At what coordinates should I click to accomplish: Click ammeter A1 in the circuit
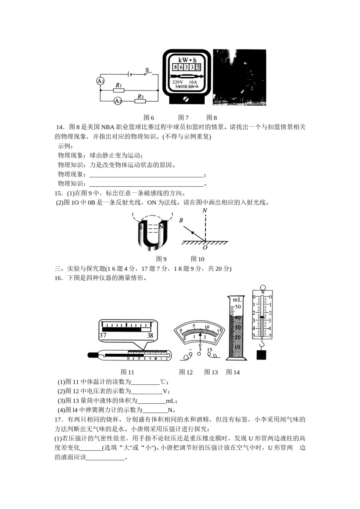coord(100,81)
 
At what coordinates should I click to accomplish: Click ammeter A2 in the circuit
coord(118,101)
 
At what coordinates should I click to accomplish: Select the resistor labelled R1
coord(119,91)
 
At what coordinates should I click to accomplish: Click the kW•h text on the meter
coord(187,60)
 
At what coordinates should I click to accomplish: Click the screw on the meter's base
coord(186,99)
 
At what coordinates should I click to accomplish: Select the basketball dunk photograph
coord(239,77)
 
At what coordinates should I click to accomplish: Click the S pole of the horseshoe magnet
coord(141,227)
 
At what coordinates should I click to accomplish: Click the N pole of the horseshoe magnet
coord(161,227)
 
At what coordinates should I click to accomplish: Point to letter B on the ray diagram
coord(181,220)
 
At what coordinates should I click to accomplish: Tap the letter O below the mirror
coord(205,248)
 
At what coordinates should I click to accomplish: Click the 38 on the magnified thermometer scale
coord(150,335)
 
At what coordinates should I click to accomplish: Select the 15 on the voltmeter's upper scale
coord(219,331)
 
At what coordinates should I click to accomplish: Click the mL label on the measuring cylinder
coord(237,300)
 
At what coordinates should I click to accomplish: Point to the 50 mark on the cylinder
coord(238,307)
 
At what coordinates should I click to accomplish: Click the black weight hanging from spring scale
coord(261,355)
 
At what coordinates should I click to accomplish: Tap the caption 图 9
coord(161,259)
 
